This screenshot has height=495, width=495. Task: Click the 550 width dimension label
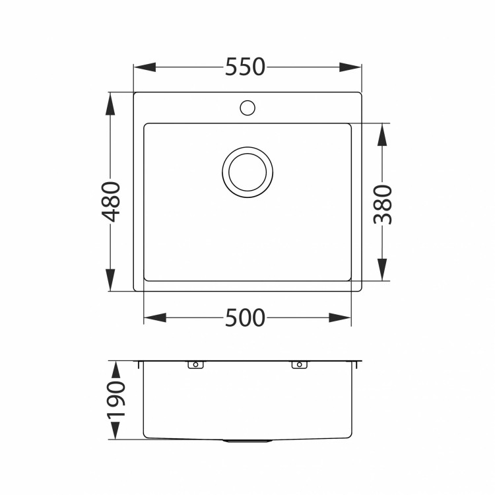245,67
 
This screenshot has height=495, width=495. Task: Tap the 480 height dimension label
112,201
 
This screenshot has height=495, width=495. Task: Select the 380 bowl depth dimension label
383,205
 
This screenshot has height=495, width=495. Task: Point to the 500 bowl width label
245,318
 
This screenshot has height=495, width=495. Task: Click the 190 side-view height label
115,400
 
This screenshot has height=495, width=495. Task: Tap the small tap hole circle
247,106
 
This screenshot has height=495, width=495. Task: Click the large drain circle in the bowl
247,171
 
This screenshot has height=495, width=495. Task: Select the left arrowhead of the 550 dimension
145,67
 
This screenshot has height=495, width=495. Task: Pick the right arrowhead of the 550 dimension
350,67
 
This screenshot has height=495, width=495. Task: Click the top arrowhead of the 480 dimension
110,103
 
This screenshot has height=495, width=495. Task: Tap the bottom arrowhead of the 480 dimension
110,280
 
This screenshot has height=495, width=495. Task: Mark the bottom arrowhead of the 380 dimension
382,270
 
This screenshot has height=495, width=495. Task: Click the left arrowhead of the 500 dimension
154,318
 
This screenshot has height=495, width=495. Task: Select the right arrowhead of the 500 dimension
341,318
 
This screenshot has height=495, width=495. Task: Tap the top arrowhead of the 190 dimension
114,371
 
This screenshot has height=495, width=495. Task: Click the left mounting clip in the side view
195,364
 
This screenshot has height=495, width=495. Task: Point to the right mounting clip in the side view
298,364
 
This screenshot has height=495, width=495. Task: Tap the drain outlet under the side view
247,440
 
